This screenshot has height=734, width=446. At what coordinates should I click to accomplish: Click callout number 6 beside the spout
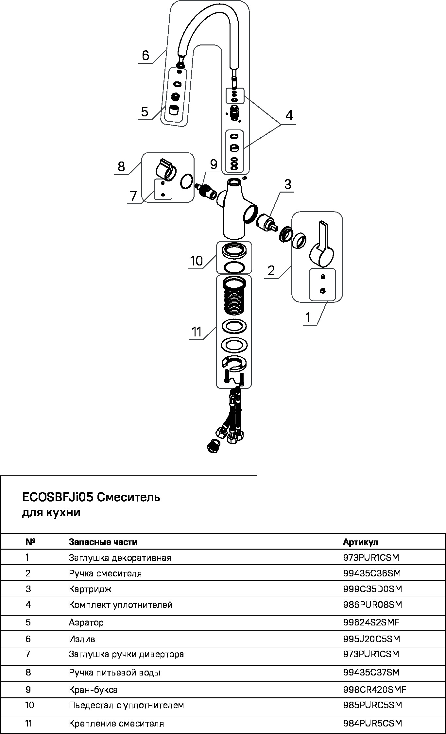click(146, 56)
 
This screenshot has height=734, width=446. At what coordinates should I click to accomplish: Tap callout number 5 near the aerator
click(145, 112)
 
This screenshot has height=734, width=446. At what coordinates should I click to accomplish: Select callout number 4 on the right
click(289, 115)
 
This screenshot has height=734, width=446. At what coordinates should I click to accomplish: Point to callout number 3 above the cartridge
click(287, 184)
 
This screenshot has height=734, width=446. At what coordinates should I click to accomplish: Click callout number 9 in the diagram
click(214, 164)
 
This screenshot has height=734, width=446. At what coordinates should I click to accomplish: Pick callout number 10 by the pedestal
click(196, 261)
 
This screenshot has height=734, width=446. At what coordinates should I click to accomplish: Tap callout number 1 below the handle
click(308, 317)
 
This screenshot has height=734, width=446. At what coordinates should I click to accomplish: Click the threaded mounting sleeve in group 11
click(234, 296)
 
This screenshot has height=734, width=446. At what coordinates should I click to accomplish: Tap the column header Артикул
click(360, 542)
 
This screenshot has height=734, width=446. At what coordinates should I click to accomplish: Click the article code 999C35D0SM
click(372, 589)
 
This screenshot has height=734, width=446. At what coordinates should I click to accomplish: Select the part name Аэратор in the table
click(86, 622)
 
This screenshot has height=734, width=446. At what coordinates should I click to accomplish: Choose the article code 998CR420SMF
click(375, 690)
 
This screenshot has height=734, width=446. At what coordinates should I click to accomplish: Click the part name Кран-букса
click(93, 690)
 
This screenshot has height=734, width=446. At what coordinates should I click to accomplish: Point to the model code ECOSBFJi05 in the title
click(58, 498)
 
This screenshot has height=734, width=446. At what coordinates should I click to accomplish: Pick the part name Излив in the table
click(82, 639)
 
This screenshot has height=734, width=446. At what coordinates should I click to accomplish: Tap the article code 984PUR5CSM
click(372, 724)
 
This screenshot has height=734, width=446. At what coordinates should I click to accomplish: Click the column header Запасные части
click(103, 542)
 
